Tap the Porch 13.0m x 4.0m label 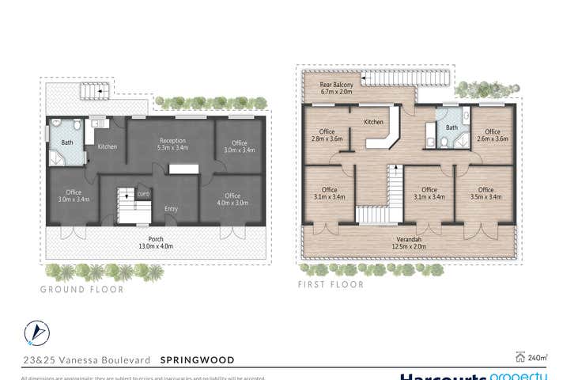(x=154, y=241)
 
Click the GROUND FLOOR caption (x=82, y=290)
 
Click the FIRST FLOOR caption (x=331, y=284)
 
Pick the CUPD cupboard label (x=143, y=194)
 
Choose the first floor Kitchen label (x=373, y=123)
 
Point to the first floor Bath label (x=452, y=127)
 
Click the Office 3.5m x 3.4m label (x=486, y=194)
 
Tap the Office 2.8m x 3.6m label (x=327, y=136)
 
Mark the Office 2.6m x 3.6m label (x=493, y=136)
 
